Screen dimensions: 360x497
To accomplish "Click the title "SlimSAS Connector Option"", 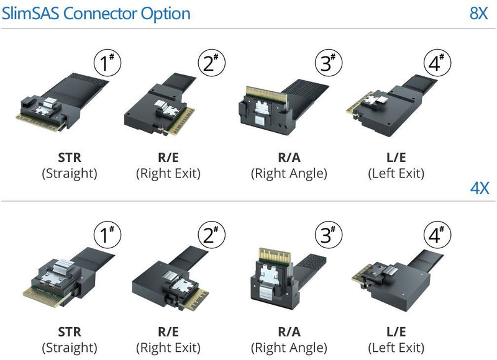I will (x=96, y=13).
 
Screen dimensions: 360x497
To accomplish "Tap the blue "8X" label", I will (x=478, y=13).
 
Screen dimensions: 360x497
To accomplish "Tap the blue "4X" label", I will (x=478, y=188).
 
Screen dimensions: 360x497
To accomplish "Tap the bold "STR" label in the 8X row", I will (x=70, y=157).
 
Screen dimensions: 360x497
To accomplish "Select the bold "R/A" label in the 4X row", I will (x=289, y=332).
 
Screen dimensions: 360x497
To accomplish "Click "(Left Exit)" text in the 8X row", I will (x=396, y=174).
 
